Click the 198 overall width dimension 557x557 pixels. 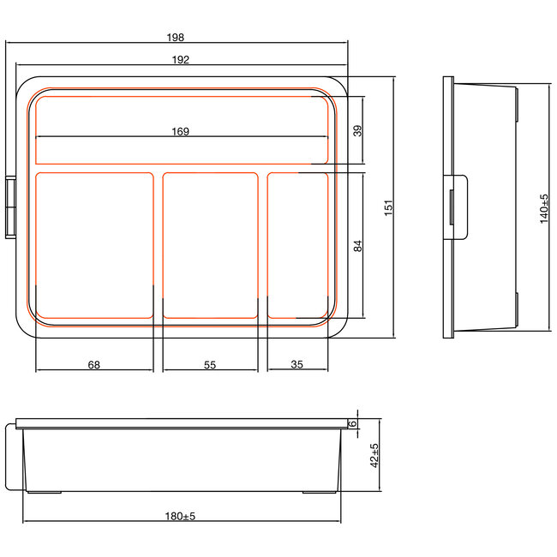177,38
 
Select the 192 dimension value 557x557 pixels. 180,60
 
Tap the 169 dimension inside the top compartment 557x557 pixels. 180,131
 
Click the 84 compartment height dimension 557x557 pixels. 358,245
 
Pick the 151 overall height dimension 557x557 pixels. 387,207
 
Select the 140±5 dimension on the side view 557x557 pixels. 543,208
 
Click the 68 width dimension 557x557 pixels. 93,364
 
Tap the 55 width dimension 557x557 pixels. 210,364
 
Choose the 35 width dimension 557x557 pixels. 297,364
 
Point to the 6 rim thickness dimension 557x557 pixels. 352,422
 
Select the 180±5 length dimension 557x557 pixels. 180,516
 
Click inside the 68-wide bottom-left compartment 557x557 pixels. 93,245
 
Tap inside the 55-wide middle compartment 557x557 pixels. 210,245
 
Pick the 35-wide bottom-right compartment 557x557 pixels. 297,245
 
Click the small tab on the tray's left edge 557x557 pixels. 11,208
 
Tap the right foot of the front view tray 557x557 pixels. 318,492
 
